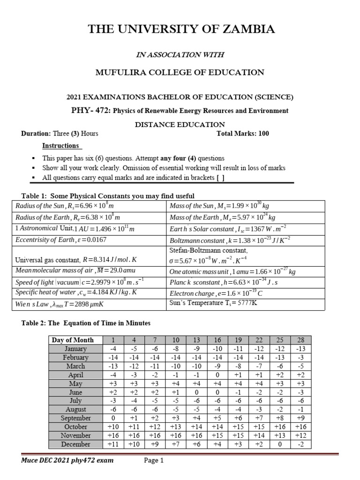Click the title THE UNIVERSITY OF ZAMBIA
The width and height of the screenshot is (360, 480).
tap(182, 30)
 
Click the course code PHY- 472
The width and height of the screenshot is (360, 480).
tap(86, 111)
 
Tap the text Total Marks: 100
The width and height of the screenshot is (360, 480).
tap(242, 134)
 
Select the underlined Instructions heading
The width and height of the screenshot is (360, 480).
tap(60, 146)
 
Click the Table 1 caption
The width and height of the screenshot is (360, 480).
tap(108, 195)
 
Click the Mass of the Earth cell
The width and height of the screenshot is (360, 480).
tap(222, 217)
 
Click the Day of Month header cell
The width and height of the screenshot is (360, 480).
tap(73, 340)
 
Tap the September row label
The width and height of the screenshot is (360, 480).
tap(75, 418)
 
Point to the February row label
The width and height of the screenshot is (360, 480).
tap(75, 357)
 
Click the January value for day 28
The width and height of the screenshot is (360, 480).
tap(300, 349)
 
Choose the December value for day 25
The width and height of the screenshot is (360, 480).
tap(280, 444)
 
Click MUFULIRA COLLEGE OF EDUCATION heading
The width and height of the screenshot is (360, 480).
tap(180, 72)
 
